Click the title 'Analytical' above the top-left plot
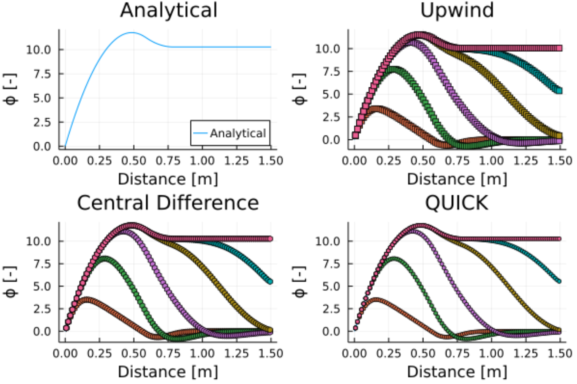pyautogui.click(x=168, y=10)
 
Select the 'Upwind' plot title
pyautogui.click(x=457, y=10)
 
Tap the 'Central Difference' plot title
pyautogui.click(x=168, y=203)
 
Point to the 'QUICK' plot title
pyautogui.click(x=457, y=203)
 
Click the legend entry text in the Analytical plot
pyautogui.click(x=238, y=133)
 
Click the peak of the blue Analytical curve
pyautogui.click(x=133, y=32)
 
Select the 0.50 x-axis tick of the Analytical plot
pyautogui.click(x=134, y=160)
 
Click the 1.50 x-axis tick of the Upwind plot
pyautogui.click(x=560, y=160)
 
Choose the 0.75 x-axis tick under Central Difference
pyautogui.click(x=168, y=353)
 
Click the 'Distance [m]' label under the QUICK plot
pyautogui.click(x=457, y=372)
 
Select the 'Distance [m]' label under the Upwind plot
pyautogui.click(x=457, y=179)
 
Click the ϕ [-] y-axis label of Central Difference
pyautogui.click(x=11, y=281)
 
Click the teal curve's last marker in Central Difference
pyautogui.click(x=270, y=282)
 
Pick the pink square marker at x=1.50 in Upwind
pyautogui.click(x=559, y=48)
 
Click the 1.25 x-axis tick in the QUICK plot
pyautogui.click(x=526, y=353)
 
